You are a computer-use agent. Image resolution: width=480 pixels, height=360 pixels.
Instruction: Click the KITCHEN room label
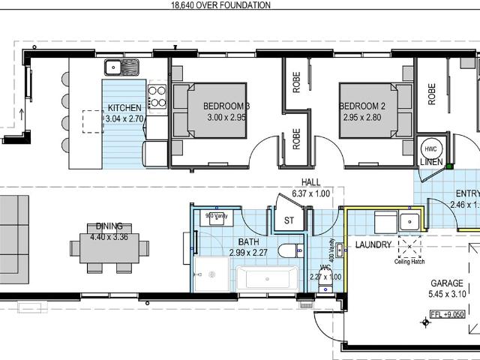coord(123,107)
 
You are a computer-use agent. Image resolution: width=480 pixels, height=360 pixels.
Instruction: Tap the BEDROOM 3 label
coord(226,106)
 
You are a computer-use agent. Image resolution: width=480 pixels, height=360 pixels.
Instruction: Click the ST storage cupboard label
coord(289,220)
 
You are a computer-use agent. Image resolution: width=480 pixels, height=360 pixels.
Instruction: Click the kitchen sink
coord(124,68)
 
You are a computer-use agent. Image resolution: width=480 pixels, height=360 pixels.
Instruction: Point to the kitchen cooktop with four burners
coord(157,96)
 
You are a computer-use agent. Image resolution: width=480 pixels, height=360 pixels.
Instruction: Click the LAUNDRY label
coord(373,244)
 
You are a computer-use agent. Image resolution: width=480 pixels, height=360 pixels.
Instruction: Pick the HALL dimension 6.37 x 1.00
coord(310,193)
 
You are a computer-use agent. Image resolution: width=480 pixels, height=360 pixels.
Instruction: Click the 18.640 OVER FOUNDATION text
coord(209,5)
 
